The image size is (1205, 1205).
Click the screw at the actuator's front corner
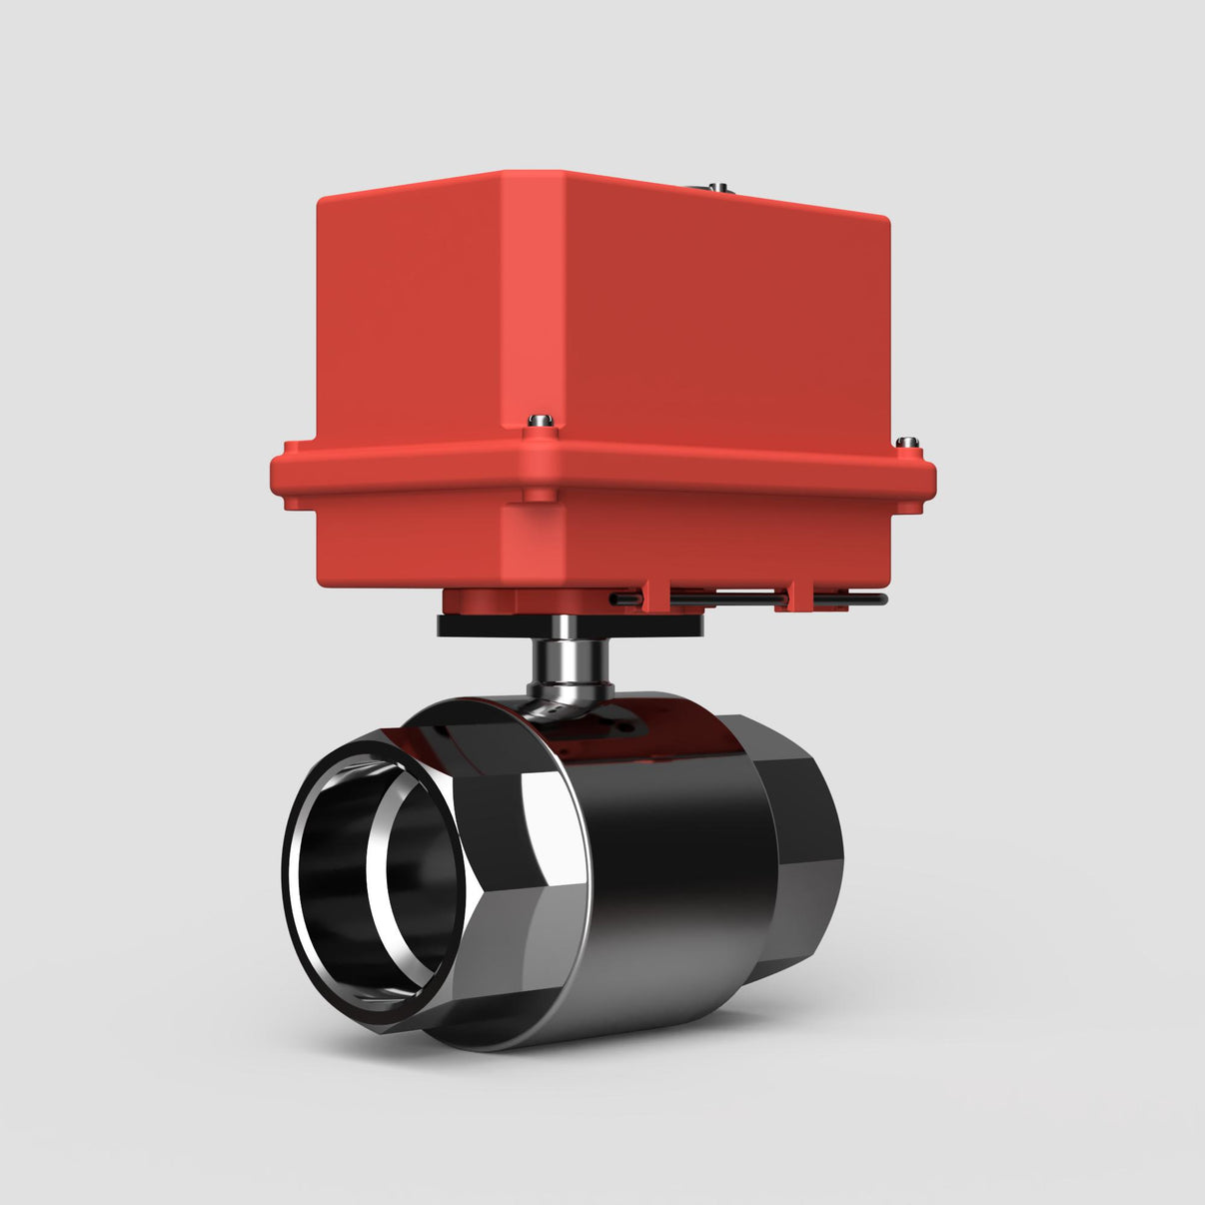pyautogui.click(x=541, y=419)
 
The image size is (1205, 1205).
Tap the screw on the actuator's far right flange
pyautogui.click(x=906, y=442)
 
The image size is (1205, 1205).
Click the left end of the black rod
pyautogui.click(x=613, y=599)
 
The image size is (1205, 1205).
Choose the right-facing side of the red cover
pyautogui.click(x=729, y=320)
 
